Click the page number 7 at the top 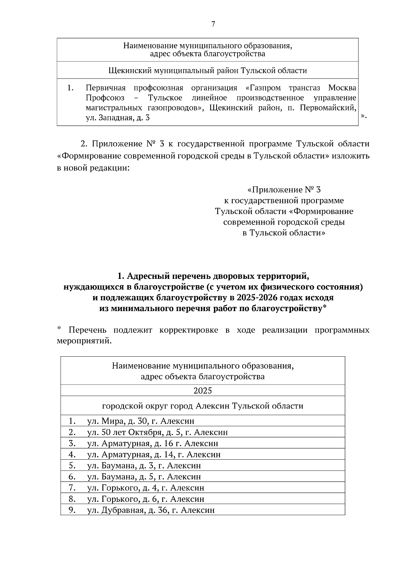point(213,24)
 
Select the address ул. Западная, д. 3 point(118,118)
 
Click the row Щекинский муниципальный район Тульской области point(208,71)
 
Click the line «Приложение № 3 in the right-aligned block point(284,190)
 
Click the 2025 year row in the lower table point(203,391)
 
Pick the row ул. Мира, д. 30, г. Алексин point(141,421)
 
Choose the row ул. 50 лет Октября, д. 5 point(157,432)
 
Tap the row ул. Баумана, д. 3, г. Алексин point(144,466)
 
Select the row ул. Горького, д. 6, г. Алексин point(146,499)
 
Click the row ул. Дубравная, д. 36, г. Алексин point(151,510)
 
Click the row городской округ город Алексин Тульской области point(203,406)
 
